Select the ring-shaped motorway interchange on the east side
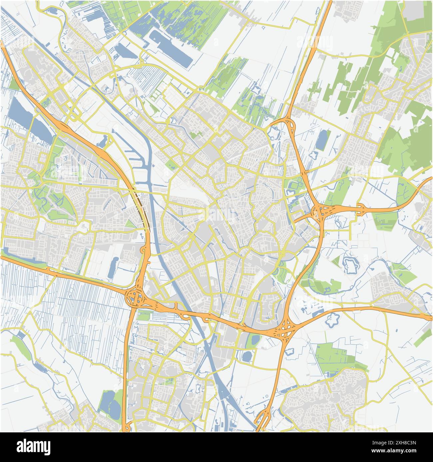point(320,212)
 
